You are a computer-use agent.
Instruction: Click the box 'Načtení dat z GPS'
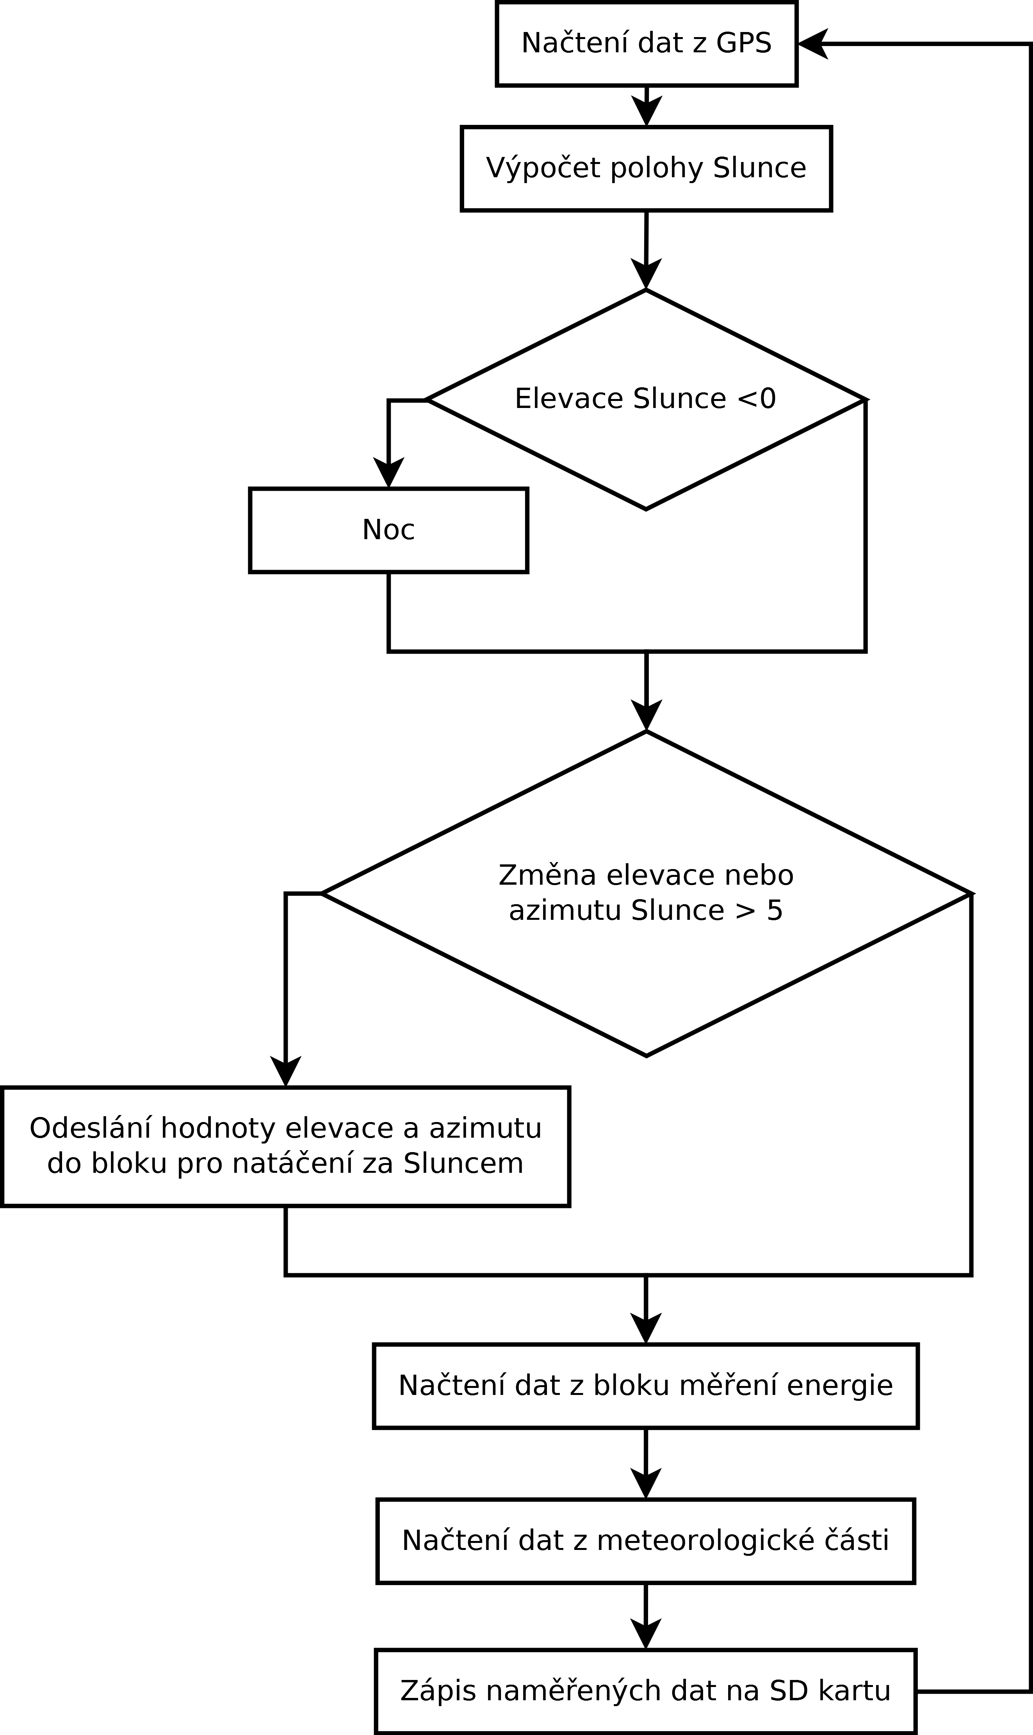(x=646, y=44)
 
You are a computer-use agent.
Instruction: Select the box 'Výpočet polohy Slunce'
(x=646, y=168)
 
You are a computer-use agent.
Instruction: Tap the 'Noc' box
(x=388, y=530)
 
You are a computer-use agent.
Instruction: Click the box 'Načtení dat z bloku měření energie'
(x=646, y=1386)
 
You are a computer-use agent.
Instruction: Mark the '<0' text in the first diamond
(x=755, y=399)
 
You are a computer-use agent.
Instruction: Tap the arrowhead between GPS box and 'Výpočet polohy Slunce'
(x=646, y=111)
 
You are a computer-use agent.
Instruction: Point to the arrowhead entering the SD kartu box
(x=646, y=1634)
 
